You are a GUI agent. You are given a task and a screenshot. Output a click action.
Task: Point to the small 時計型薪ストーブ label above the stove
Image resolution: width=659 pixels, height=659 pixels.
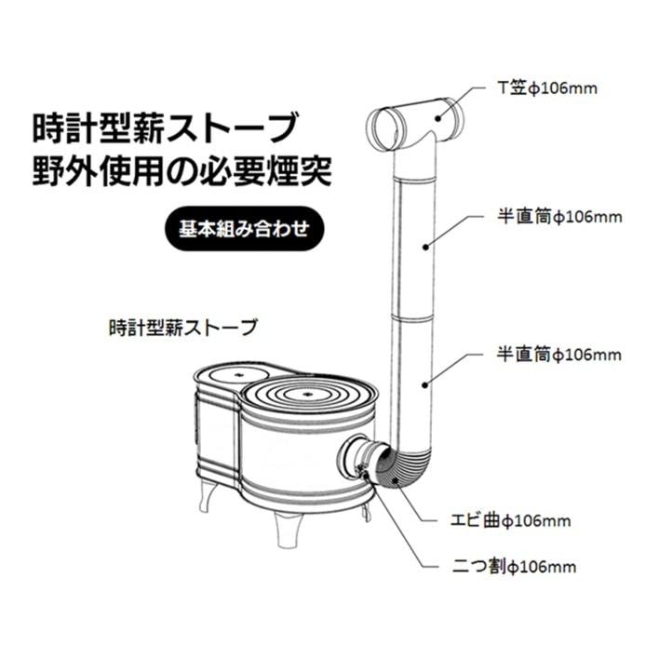click(182, 328)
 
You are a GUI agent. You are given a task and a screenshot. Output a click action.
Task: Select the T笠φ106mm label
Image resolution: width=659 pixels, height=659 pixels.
click(546, 89)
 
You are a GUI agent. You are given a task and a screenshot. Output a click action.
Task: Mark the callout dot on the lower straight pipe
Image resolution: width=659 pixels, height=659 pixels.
click(425, 383)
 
